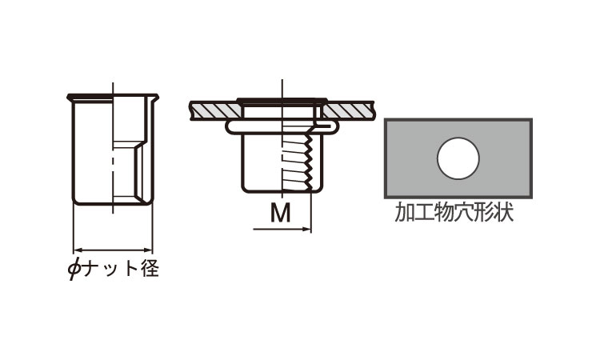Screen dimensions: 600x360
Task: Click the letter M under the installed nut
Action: point(281,213)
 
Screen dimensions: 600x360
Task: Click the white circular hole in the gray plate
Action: point(458,158)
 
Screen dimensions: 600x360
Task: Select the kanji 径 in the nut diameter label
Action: point(150,268)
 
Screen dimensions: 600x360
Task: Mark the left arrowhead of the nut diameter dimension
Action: point(77,250)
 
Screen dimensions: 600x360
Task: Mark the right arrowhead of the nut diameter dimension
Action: point(149,250)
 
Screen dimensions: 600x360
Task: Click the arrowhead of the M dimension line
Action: point(307,230)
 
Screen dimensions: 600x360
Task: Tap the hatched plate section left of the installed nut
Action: point(214,110)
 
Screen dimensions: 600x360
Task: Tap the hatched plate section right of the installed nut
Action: point(348,110)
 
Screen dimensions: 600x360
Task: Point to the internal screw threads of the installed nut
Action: point(298,166)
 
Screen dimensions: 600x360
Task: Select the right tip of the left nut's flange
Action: point(157,96)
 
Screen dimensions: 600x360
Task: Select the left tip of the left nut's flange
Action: point(69,97)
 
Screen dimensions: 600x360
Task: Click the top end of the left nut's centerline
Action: point(113,82)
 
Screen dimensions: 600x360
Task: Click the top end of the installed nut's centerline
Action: point(282,80)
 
